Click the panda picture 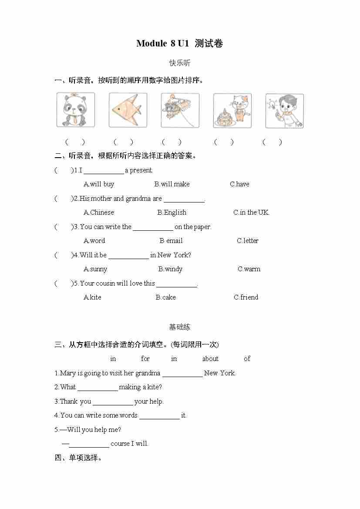[x=76, y=110]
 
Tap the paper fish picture [x=128, y=110]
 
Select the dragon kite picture [x=180, y=110]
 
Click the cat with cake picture [x=232, y=110]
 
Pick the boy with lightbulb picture [x=284, y=110]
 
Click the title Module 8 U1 [x=179, y=44]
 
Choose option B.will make [x=172, y=184]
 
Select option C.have [x=239, y=184]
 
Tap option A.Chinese [x=99, y=212]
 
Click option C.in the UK [x=251, y=212]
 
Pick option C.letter [x=248, y=241]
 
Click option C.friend [x=246, y=297]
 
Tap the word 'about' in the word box [x=210, y=359]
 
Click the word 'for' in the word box [x=145, y=359]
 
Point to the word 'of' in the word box [x=247, y=359]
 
